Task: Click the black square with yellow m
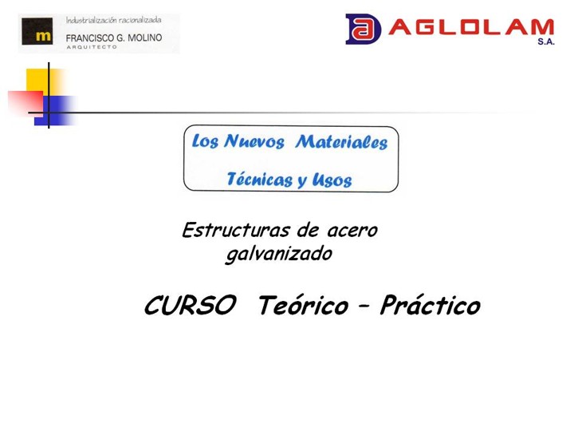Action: [37, 31]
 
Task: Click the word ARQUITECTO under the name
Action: [92, 47]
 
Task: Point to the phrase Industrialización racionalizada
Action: [113, 20]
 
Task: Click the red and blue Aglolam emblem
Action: [363, 29]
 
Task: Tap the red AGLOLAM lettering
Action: [471, 27]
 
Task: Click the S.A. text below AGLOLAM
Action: [546, 42]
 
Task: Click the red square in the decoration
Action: [25, 104]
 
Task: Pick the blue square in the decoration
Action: [55, 111]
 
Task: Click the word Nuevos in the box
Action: [254, 141]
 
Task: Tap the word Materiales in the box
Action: [341, 142]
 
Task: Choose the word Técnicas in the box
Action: [260, 179]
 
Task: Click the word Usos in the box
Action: [332, 180]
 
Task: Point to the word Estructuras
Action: [236, 230]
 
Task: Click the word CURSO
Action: [191, 305]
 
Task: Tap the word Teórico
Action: [303, 305]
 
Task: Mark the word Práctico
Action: [431, 305]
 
